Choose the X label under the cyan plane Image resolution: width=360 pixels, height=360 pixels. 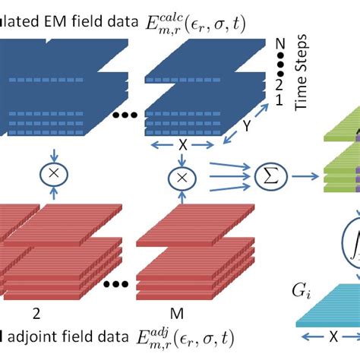(x=333, y=334)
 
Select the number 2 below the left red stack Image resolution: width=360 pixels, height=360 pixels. (x=34, y=312)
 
